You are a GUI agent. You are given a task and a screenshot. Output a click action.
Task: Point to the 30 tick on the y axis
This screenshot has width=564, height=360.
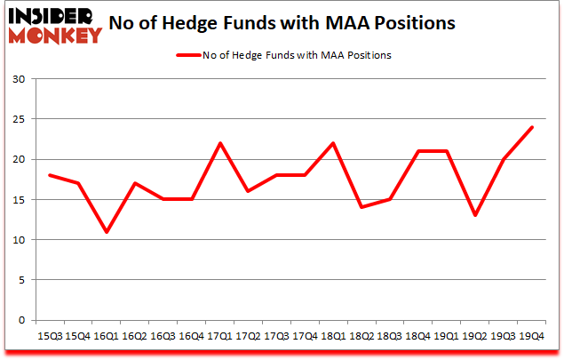coord(19,79)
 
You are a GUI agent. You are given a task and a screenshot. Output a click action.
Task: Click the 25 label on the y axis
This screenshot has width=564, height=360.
coord(19,119)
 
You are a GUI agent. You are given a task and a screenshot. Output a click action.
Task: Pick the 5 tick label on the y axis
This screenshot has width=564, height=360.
coord(22,280)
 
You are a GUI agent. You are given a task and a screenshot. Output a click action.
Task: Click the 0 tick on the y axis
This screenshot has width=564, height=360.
coord(22,320)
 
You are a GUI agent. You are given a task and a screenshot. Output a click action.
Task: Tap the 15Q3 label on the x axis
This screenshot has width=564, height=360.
coord(50,335)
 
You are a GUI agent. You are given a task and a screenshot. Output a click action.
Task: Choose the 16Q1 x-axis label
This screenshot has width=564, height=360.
coord(106,335)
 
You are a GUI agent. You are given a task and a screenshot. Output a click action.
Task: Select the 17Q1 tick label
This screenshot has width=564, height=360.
coord(218,335)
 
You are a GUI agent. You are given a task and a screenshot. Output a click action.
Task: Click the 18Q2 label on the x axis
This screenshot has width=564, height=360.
coord(360,335)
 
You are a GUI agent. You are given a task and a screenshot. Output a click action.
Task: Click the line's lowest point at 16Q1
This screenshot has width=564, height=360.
coord(106,232)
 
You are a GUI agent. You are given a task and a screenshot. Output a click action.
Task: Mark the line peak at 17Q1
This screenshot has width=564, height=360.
coord(218,143)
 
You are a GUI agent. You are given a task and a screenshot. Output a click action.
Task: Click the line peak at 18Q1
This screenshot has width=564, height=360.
coord(331,143)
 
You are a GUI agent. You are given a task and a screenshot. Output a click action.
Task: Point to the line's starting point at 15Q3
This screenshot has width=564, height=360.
coord(50,175)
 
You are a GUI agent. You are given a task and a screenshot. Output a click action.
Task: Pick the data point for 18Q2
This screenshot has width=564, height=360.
coord(360,208)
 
